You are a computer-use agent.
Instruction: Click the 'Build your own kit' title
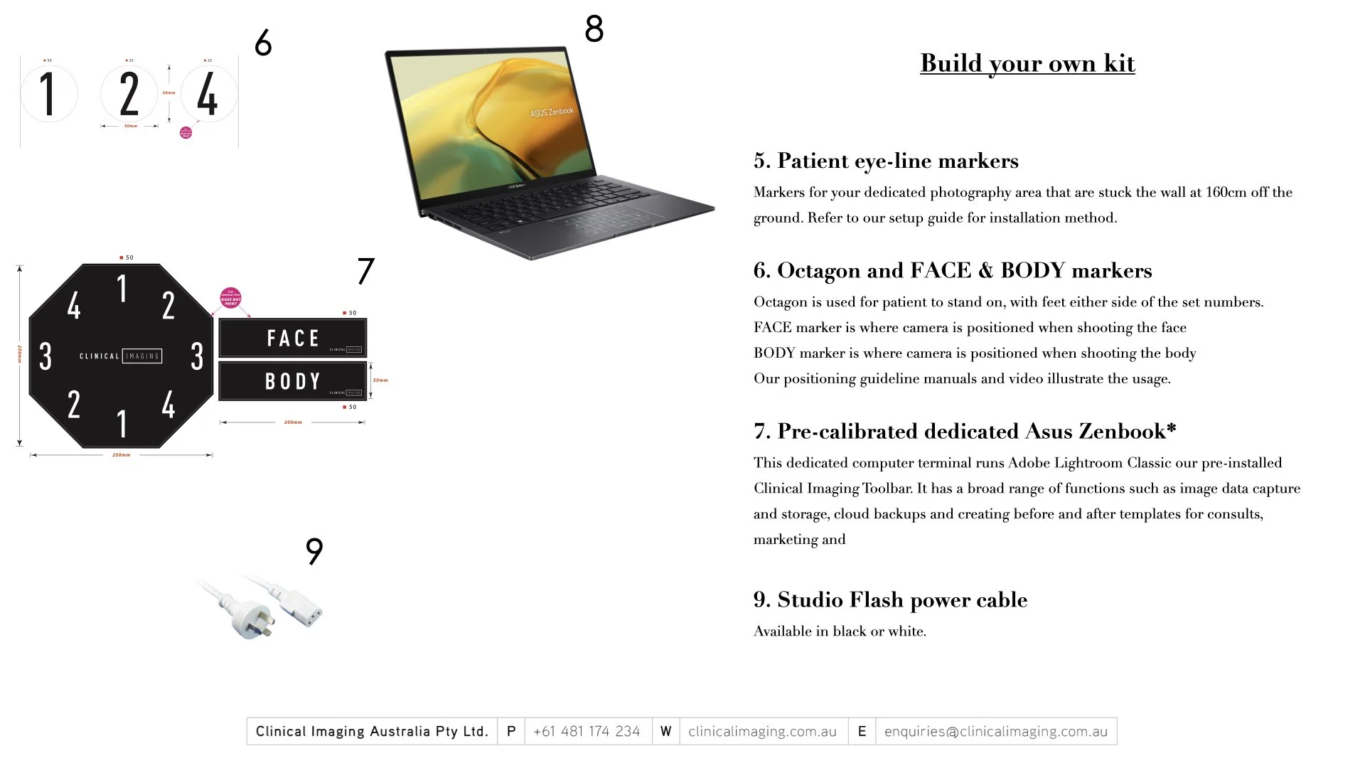pyautogui.click(x=1027, y=63)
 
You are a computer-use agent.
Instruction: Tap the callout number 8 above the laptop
pyautogui.click(x=594, y=29)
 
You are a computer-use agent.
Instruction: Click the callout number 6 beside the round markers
pyautogui.click(x=263, y=43)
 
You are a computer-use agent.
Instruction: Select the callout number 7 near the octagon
pyautogui.click(x=365, y=271)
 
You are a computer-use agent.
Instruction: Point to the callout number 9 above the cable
pyautogui.click(x=314, y=551)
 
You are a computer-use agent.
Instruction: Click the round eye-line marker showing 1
pyautogui.click(x=48, y=94)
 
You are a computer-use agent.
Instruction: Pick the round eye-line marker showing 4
pyautogui.click(x=208, y=94)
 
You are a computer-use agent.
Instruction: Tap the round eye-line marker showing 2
pyautogui.click(x=129, y=94)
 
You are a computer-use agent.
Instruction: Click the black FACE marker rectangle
pyautogui.click(x=292, y=338)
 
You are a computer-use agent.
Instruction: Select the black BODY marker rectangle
pyautogui.click(x=292, y=381)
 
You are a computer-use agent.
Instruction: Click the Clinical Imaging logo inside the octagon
pyautogui.click(x=121, y=356)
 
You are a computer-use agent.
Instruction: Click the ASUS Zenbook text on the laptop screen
pyautogui.click(x=552, y=112)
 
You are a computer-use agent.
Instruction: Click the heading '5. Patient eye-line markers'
pyautogui.click(x=886, y=161)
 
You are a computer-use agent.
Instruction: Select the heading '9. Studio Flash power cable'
pyautogui.click(x=890, y=600)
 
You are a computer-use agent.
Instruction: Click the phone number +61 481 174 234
pyautogui.click(x=587, y=732)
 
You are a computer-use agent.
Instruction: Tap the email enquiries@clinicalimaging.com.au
pyautogui.click(x=995, y=732)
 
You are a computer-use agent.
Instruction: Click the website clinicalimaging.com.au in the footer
pyautogui.click(x=762, y=732)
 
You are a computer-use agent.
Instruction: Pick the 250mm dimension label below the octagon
pyautogui.click(x=122, y=455)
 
